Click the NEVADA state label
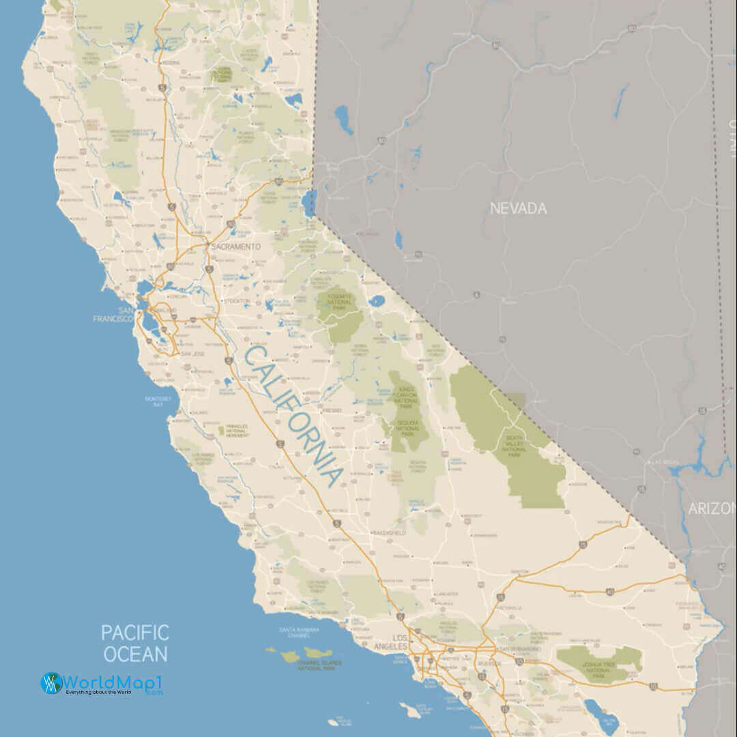[x=518, y=208]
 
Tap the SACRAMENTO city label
[x=235, y=246]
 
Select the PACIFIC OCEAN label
[x=135, y=642]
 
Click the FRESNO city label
[x=332, y=411]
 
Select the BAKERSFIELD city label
[x=389, y=532]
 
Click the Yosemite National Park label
[x=339, y=301]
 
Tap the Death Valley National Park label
[x=514, y=446]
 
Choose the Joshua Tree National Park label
[x=599, y=667]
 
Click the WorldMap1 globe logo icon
[x=52, y=683]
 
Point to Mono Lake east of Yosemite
[x=376, y=300]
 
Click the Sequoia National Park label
[x=407, y=428]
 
